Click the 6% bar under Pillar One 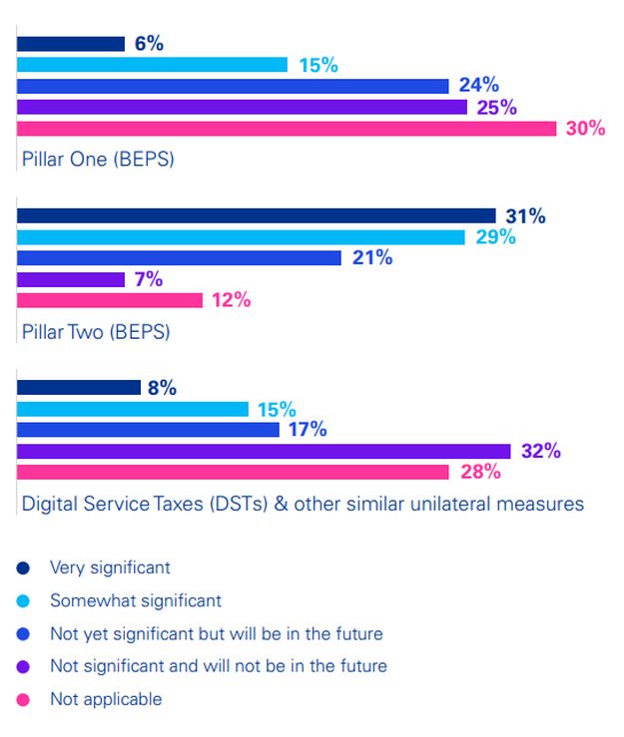click(x=70, y=44)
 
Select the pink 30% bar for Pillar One click(x=287, y=129)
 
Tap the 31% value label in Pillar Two click(x=525, y=215)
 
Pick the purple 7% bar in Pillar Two click(x=70, y=279)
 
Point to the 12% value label click(x=231, y=300)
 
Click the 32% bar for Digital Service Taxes click(x=264, y=451)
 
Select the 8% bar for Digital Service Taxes click(x=78, y=388)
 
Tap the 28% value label click(x=479, y=472)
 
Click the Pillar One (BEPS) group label click(x=98, y=159)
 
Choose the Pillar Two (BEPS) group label click(x=96, y=331)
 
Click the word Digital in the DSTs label click(x=50, y=504)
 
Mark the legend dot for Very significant click(x=23, y=568)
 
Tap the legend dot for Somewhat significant click(x=23, y=601)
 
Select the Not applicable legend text click(x=106, y=699)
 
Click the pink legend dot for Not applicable click(x=23, y=699)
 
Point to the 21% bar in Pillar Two click(x=180, y=257)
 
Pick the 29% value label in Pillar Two click(x=494, y=236)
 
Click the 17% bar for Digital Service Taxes click(x=148, y=430)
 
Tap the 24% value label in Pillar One click(x=478, y=86)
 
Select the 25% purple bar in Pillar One click(x=242, y=107)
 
